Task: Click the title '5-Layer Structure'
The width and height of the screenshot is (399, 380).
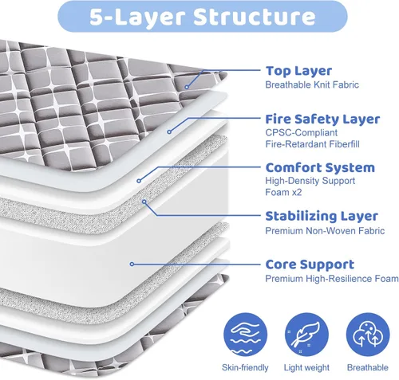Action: tap(203, 18)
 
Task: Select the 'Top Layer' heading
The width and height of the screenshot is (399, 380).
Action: tap(298, 71)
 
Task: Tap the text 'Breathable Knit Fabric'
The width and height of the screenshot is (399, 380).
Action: tap(312, 85)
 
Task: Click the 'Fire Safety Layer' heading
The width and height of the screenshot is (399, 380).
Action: tap(322, 119)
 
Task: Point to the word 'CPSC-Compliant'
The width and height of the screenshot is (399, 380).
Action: tap(302, 132)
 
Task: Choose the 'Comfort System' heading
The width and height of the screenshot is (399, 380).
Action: tap(320, 168)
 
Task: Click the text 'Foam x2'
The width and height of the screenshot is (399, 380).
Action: tap(283, 192)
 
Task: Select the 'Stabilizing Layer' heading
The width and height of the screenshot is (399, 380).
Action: tap(322, 216)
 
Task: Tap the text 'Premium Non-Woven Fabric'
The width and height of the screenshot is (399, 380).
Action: tap(325, 231)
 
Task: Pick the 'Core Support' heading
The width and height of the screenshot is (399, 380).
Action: tap(310, 264)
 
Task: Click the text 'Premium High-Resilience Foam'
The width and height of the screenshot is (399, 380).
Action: tap(332, 279)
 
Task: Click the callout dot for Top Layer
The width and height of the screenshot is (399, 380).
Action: tap(187, 87)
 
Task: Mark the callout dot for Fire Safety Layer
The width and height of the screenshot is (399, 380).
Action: tap(169, 131)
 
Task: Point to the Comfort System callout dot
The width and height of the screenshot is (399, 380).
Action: tap(139, 181)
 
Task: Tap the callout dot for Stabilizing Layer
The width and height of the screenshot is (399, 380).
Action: tap(144, 202)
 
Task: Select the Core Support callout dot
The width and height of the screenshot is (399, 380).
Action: tap(132, 264)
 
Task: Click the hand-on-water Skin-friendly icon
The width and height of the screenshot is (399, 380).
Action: tap(245, 335)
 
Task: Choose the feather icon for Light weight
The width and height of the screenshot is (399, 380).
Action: tap(306, 335)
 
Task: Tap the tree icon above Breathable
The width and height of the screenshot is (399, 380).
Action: tap(368, 335)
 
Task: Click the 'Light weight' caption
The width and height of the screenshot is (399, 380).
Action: tap(306, 368)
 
